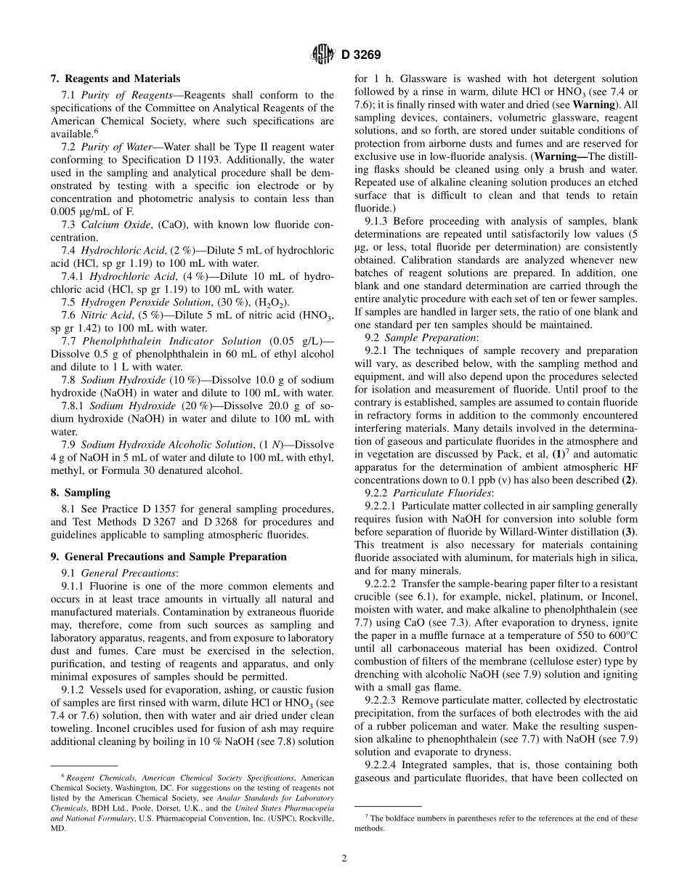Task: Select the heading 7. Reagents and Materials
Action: [115, 78]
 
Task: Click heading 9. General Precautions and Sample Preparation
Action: [169, 557]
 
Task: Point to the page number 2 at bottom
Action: [344, 858]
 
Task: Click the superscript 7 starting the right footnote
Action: [366, 817]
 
